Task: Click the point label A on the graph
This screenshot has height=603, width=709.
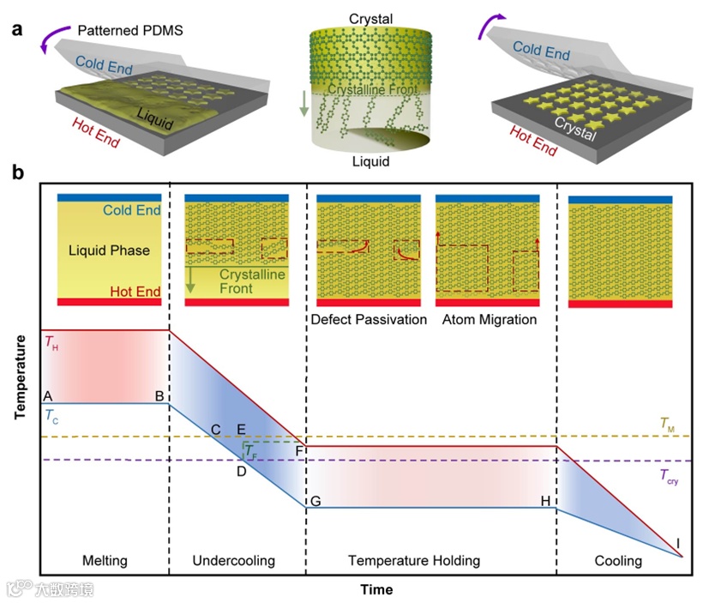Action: [48, 395]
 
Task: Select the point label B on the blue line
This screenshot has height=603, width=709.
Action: [159, 395]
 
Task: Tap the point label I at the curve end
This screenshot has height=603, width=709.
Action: [677, 542]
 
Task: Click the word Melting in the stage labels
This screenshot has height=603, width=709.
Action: [105, 561]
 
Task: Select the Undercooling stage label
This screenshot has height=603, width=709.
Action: [234, 561]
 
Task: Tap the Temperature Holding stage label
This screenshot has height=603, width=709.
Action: [414, 561]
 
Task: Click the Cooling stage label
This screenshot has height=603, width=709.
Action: [618, 561]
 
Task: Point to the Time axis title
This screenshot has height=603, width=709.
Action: [376, 589]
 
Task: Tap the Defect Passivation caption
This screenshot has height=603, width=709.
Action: [369, 320]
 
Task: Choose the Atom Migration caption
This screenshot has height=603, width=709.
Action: [490, 320]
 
